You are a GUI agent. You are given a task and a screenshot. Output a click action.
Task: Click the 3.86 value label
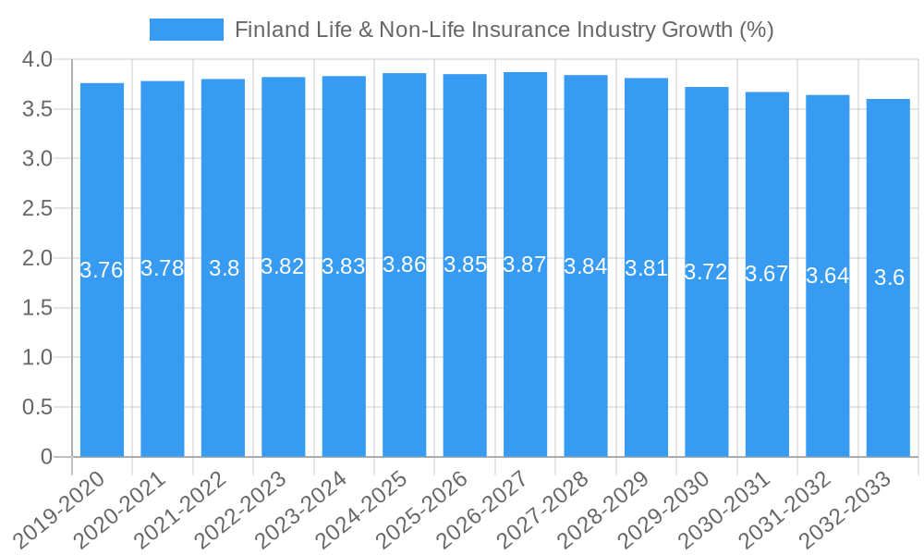tap(404, 265)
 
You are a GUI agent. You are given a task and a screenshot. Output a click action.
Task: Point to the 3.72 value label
tap(706, 272)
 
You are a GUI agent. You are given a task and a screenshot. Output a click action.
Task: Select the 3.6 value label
tap(889, 277)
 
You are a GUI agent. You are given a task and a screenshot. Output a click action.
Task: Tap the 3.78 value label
tap(162, 268)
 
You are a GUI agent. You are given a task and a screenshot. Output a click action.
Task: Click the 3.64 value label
tap(827, 276)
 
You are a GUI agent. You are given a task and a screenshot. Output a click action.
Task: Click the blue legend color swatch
tap(187, 30)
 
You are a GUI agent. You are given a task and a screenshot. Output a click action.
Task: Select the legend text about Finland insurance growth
tap(504, 30)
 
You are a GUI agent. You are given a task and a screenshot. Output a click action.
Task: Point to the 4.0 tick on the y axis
tap(37, 60)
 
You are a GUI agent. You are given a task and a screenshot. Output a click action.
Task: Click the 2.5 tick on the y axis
tap(37, 208)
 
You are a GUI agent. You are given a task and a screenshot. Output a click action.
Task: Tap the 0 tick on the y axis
tap(47, 456)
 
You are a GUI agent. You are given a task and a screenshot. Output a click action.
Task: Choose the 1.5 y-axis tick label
tap(37, 308)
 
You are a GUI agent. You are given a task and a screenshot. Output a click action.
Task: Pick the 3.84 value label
tap(585, 266)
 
